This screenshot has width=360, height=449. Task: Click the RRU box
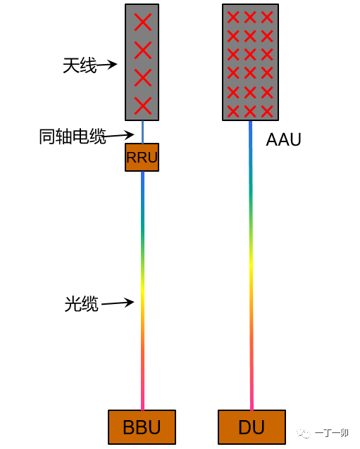point(142,157)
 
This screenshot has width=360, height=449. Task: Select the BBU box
point(142,427)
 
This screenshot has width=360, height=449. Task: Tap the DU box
point(252,427)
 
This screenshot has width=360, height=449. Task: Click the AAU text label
point(283,140)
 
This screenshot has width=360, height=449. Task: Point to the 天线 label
point(79,66)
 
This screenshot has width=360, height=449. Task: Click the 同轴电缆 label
point(73,137)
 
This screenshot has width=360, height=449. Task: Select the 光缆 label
point(82,304)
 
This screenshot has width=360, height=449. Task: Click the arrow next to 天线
point(106,65)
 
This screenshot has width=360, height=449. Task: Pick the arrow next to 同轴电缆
point(120,135)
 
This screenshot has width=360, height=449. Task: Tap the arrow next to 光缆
point(118,303)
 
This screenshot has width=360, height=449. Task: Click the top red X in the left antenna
point(142,22)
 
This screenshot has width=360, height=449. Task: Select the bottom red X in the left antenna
point(142,106)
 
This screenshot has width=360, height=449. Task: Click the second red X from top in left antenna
point(142,50)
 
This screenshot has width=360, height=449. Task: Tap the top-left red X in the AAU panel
point(233,17)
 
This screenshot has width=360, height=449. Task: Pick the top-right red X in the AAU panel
point(267,17)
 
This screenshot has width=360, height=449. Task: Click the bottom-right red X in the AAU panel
point(267,110)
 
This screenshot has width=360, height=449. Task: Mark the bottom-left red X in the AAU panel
point(233,110)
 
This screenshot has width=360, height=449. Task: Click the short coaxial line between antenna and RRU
point(142,132)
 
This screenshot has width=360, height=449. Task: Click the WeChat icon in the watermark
point(304,432)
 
